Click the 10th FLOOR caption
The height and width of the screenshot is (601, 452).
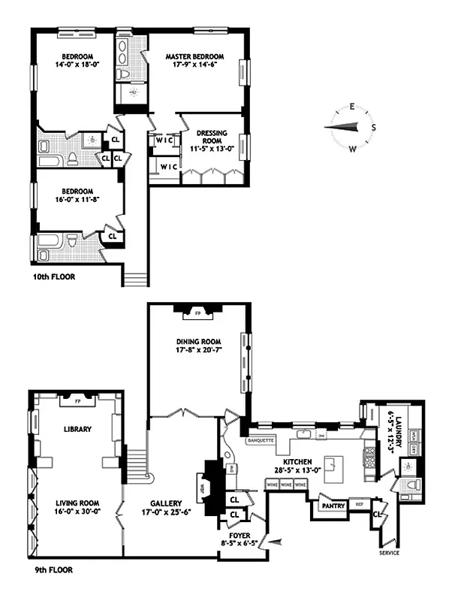click(x=53, y=276)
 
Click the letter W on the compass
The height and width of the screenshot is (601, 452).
click(x=351, y=148)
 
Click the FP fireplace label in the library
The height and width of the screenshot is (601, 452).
click(x=77, y=400)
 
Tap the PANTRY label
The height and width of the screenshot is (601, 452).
click(x=334, y=506)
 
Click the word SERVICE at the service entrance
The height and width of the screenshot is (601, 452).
click(x=389, y=552)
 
